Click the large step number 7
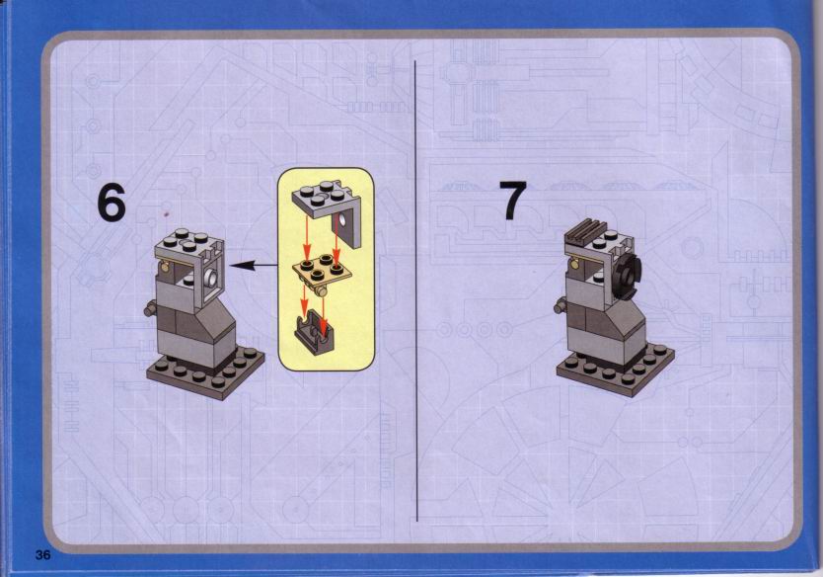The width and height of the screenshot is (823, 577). (513, 200)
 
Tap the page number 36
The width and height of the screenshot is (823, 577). (43, 554)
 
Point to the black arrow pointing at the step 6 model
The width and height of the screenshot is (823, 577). (254, 266)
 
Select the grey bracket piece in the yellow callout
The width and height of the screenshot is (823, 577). (327, 207)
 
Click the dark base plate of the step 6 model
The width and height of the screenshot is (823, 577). (205, 372)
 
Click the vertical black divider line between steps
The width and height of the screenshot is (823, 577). (415, 290)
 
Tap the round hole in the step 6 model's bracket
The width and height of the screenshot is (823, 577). (211, 277)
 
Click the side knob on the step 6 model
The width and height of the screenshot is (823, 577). (151, 308)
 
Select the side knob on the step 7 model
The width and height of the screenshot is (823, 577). (561, 305)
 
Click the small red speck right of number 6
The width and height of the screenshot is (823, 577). (167, 213)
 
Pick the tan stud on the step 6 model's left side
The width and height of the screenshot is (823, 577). (167, 269)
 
